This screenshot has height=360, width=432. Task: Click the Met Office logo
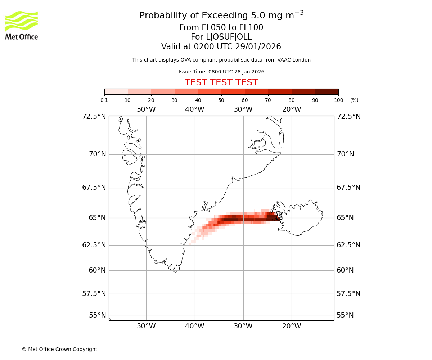pos(22,25)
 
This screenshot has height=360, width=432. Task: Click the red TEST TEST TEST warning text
pos(221,83)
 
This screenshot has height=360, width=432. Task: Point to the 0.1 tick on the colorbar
pos(104,100)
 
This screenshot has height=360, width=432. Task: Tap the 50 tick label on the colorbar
pos(221,100)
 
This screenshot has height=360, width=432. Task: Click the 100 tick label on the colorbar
pos(338,100)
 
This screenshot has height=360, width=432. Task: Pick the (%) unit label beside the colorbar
pos(354,100)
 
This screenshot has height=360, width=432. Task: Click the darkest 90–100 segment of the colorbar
pos(327,91)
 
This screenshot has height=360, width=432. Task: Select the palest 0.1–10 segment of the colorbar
pos(116,91)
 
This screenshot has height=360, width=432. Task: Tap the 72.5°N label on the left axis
pos(94,117)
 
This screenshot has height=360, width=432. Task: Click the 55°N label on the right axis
pos(345,315)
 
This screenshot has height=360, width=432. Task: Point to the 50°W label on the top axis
pos(146,109)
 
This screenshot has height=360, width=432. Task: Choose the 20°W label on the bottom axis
pos(292,327)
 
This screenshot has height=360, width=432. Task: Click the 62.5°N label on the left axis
pos(94,245)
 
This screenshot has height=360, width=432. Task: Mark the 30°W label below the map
pos(243,327)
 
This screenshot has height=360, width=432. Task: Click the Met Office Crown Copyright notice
pos(59,349)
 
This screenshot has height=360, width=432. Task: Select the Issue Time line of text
pos(221,72)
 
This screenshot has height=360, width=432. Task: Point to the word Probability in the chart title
pos(163,16)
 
